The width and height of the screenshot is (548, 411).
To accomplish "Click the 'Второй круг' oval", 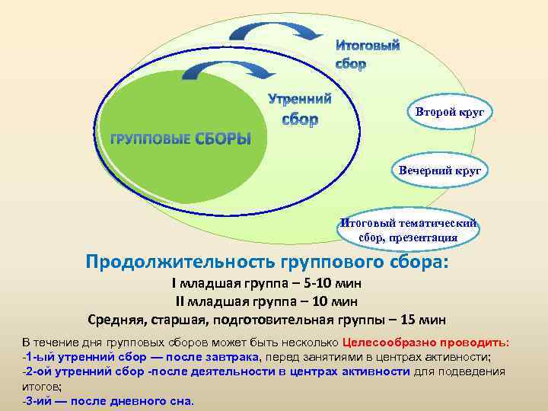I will tap(449, 113).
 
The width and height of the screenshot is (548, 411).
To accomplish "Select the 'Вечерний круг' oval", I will tap(440, 170).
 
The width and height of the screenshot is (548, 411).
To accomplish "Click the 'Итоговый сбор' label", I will tap(368, 55).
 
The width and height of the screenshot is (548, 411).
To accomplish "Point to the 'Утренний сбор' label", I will tap(300, 109).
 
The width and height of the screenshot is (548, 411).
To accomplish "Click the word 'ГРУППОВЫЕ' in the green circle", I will tap(151, 141).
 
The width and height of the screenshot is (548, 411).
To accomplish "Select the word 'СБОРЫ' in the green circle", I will tap(224, 139).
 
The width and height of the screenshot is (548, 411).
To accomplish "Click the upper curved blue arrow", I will tap(275, 30).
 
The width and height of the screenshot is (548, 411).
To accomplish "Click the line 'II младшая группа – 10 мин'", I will tap(267, 301).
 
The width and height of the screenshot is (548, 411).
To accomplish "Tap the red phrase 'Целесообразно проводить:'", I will tap(426, 342).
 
